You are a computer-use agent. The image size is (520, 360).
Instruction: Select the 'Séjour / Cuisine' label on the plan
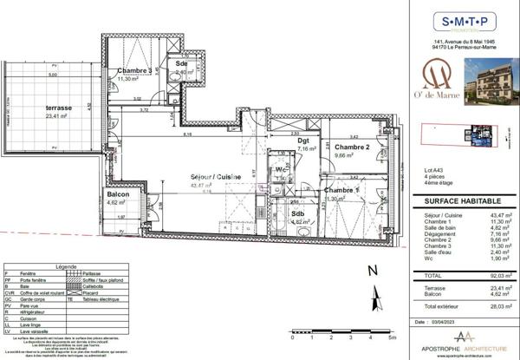[216, 176]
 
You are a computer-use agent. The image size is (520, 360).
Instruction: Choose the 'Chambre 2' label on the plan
[353, 148]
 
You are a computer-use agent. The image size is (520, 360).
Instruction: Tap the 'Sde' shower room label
[182, 64]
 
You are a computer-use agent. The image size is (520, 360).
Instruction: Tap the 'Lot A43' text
[433, 168]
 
